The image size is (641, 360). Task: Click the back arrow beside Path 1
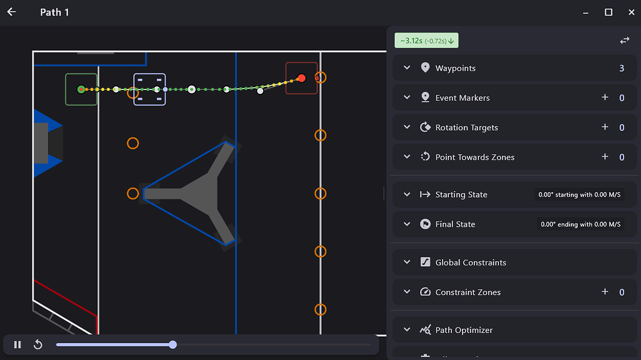[11, 12]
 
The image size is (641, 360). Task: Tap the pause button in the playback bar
[18, 344]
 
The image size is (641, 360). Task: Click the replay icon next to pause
[38, 344]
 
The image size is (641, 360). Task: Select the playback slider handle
[173, 344]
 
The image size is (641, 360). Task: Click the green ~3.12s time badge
[426, 41]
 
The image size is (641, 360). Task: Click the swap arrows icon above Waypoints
[625, 40]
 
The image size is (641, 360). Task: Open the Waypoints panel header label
[456, 68]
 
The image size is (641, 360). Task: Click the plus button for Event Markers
[605, 98]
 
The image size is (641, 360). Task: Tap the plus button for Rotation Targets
[605, 127]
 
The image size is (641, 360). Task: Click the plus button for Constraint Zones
[605, 292]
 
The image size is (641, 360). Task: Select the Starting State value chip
[579, 195]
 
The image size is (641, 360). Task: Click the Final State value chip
[580, 224]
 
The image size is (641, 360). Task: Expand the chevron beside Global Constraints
[407, 262]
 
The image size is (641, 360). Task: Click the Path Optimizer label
[464, 330]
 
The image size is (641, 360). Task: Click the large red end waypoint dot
[301, 78]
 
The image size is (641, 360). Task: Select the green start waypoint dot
[81, 89]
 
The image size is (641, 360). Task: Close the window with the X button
[631, 13]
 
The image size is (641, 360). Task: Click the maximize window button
[608, 13]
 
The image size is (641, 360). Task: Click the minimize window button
[586, 13]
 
